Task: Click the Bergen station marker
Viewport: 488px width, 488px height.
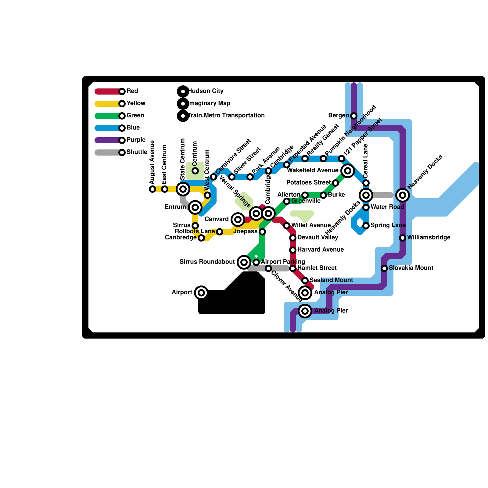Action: pos(354,116)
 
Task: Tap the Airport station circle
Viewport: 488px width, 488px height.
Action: pos(201,293)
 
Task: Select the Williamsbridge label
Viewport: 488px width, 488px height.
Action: pos(429,238)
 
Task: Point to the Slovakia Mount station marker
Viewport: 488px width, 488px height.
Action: pos(384,268)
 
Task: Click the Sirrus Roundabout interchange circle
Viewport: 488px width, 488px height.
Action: pos(244,262)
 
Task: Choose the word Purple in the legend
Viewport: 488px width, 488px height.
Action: pos(136,140)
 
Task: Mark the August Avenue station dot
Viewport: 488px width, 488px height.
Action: pos(152,189)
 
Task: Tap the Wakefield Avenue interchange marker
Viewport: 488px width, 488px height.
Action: pos(348,171)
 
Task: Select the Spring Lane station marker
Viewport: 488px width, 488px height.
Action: pos(366,226)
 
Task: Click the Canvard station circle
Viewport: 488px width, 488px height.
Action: pos(238,220)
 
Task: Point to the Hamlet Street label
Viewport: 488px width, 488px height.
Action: pos(317,268)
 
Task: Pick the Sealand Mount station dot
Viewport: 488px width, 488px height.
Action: pos(305,281)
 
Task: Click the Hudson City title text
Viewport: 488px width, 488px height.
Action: pos(206,91)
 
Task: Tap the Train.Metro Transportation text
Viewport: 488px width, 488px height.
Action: pos(226,116)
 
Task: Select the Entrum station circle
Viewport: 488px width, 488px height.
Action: pos(195,207)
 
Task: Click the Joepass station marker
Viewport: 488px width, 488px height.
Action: pos(262,232)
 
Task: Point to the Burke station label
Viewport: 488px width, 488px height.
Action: pos(336,195)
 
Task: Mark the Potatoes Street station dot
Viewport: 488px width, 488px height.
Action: pos(335,183)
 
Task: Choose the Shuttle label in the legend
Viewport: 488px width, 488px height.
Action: pos(137,152)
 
